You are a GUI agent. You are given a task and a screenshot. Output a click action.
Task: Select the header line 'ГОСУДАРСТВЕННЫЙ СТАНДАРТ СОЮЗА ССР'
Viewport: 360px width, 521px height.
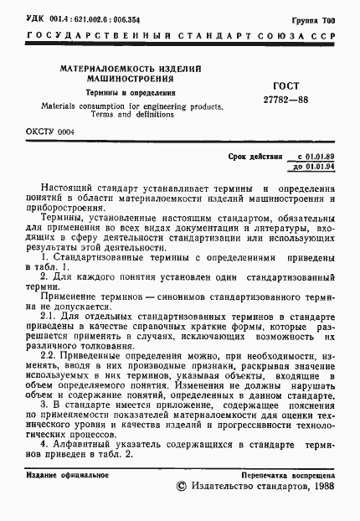[x=180, y=37]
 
